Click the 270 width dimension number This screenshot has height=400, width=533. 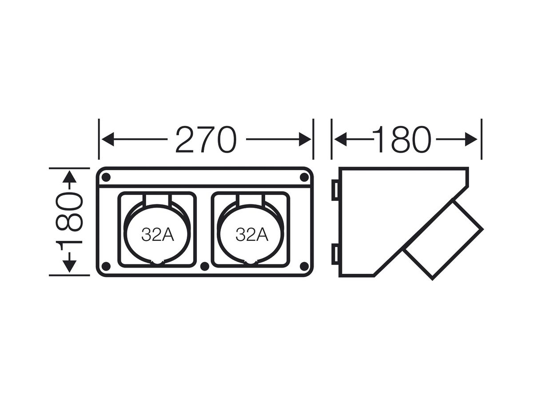[x=206, y=139]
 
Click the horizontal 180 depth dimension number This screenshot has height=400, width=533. [x=402, y=139]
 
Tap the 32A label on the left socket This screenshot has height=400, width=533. [x=158, y=235]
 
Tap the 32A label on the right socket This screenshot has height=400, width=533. [x=252, y=235]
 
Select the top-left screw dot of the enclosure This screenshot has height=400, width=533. [x=106, y=177]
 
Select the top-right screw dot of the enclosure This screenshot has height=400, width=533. [x=304, y=177]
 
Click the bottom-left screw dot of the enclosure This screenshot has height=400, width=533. [x=106, y=266]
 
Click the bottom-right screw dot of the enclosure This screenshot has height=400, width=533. [x=304, y=266]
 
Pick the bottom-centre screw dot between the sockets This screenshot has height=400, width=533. [x=205, y=266]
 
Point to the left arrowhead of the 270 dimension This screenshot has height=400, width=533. [x=108, y=139]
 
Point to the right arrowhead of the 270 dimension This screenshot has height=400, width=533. [x=305, y=139]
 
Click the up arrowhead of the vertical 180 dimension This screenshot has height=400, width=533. [x=69, y=177]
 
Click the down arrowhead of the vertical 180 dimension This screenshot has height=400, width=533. [x=69, y=266]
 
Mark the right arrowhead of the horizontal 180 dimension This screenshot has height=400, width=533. [x=471, y=139]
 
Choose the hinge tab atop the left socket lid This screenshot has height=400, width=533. [x=157, y=201]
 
